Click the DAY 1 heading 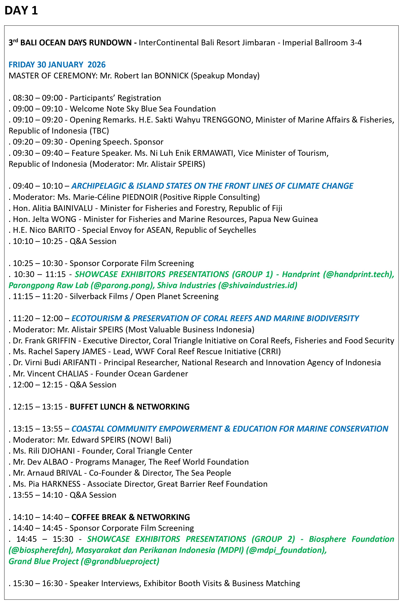click(x=21, y=10)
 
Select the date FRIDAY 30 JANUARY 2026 click(x=57, y=65)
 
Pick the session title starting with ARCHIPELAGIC click(x=212, y=186)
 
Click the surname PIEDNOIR click(x=140, y=197)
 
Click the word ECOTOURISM click(x=97, y=318)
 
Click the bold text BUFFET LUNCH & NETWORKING click(x=130, y=407)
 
